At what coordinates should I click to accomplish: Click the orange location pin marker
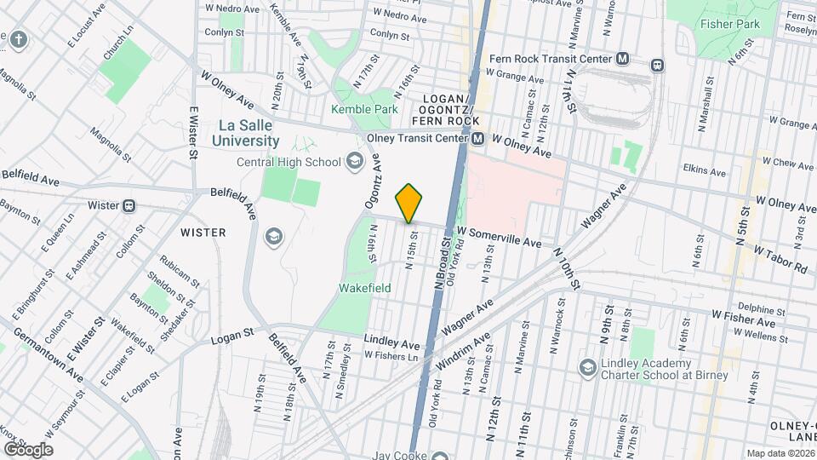click(x=409, y=203)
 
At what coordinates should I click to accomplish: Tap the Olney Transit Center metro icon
click(x=478, y=138)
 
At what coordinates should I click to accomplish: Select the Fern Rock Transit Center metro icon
click(x=624, y=59)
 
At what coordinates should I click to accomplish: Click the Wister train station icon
click(x=129, y=205)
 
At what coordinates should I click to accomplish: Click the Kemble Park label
click(x=365, y=110)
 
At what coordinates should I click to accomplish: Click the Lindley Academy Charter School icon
click(x=587, y=367)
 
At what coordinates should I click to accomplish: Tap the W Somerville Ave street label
click(x=499, y=236)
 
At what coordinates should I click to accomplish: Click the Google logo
click(x=27, y=449)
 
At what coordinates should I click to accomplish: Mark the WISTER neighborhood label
click(x=203, y=232)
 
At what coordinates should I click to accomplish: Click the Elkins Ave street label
click(x=706, y=171)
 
